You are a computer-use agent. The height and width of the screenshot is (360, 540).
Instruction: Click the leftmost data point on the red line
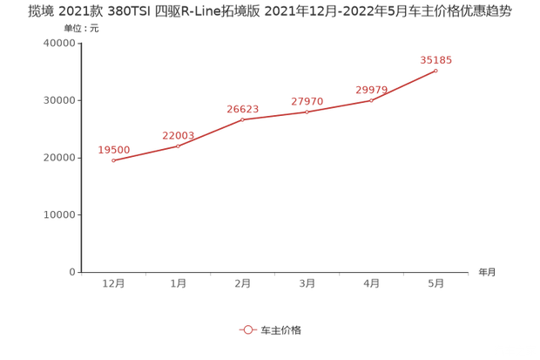(x=114, y=160)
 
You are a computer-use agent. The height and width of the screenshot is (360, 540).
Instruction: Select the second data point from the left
(x=179, y=146)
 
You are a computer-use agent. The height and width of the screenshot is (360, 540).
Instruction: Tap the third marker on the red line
(x=243, y=119)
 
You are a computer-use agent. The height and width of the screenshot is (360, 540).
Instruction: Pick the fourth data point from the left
(x=307, y=112)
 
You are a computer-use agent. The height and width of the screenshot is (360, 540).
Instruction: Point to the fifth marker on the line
(x=371, y=100)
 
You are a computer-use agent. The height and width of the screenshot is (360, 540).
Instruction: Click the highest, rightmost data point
(x=435, y=70)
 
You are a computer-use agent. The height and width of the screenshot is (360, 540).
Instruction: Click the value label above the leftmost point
(x=114, y=149)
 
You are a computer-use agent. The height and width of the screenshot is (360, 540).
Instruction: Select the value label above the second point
(x=179, y=135)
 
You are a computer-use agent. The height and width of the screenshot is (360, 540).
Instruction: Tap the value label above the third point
(x=243, y=109)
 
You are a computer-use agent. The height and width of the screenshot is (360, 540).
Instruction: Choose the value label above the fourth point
(x=307, y=101)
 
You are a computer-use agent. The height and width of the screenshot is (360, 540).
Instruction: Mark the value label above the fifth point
(x=371, y=90)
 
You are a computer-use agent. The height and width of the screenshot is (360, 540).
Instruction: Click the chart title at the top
(x=269, y=11)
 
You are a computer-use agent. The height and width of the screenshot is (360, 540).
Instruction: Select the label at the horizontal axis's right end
(x=486, y=273)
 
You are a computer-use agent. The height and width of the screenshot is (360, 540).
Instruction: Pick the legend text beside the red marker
(x=281, y=329)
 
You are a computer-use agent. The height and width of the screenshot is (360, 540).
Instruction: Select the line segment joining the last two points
(x=403, y=85)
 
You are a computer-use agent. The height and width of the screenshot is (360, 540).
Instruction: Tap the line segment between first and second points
(x=146, y=153)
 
